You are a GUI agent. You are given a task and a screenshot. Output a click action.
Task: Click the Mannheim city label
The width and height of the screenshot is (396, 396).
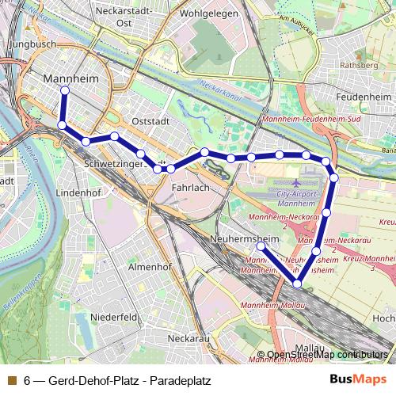[66, 79]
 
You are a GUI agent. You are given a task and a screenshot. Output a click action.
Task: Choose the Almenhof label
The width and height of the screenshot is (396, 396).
[150, 267]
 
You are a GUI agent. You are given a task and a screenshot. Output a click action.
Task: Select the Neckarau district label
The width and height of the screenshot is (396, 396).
[188, 337]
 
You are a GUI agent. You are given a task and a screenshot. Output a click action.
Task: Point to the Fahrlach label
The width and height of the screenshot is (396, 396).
[190, 187]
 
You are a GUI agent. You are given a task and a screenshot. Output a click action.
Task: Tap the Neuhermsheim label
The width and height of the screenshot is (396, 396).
[246, 238]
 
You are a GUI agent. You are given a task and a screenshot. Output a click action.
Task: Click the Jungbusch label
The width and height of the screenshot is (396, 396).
[32, 44]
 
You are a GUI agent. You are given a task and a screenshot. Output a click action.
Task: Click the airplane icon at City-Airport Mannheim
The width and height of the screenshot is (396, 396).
[295, 173]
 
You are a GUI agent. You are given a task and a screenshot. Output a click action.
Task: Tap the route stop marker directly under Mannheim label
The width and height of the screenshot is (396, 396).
[64, 90]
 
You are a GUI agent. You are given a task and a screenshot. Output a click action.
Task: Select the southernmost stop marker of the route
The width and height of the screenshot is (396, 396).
[298, 284]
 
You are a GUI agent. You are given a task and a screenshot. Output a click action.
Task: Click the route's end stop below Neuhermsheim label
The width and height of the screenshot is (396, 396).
[261, 246]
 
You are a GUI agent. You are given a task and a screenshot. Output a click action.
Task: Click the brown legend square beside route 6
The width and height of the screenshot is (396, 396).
[11, 380]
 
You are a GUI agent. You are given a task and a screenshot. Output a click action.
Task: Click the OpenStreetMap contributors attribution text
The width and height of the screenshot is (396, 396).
[327, 355]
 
